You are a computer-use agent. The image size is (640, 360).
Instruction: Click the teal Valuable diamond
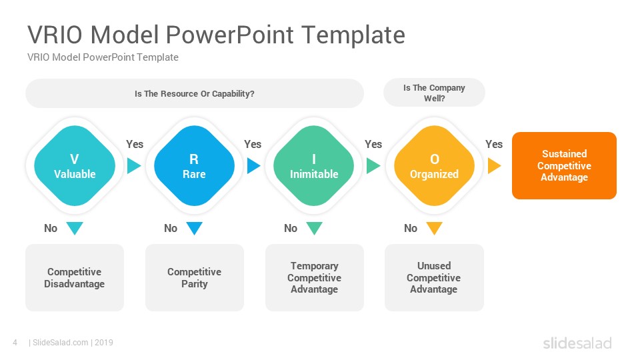pos(75,166)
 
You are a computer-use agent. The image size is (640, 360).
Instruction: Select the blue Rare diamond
pos(194,166)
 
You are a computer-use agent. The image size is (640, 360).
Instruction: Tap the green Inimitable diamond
pos(314,166)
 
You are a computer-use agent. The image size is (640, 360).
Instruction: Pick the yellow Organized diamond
pos(434,166)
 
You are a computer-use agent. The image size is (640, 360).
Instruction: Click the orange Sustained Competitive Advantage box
pos(564,166)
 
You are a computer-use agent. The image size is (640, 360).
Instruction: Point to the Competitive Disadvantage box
pos(75,277)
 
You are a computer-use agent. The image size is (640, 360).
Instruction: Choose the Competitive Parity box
pos(195,277)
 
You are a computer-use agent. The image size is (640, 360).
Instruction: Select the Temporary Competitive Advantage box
pos(314,277)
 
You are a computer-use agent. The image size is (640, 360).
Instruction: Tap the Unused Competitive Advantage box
pos(434,277)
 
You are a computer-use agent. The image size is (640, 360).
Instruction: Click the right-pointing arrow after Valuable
pos(133,166)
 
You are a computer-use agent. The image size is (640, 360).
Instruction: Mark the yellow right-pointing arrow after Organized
pos(494,166)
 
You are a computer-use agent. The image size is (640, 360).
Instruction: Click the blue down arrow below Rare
pos(194,228)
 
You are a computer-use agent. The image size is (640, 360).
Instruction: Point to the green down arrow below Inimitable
pos(314,228)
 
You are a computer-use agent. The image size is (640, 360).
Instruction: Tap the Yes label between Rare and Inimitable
pos(253,144)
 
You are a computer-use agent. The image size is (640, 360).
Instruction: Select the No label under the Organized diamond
pos(411,228)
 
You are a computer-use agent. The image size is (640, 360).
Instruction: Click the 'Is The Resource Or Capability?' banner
pos(195,93)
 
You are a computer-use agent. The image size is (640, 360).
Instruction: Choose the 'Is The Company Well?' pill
pos(434,93)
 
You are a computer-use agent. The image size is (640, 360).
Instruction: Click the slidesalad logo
pos(577,343)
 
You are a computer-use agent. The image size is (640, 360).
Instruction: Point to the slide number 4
pos(15,343)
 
